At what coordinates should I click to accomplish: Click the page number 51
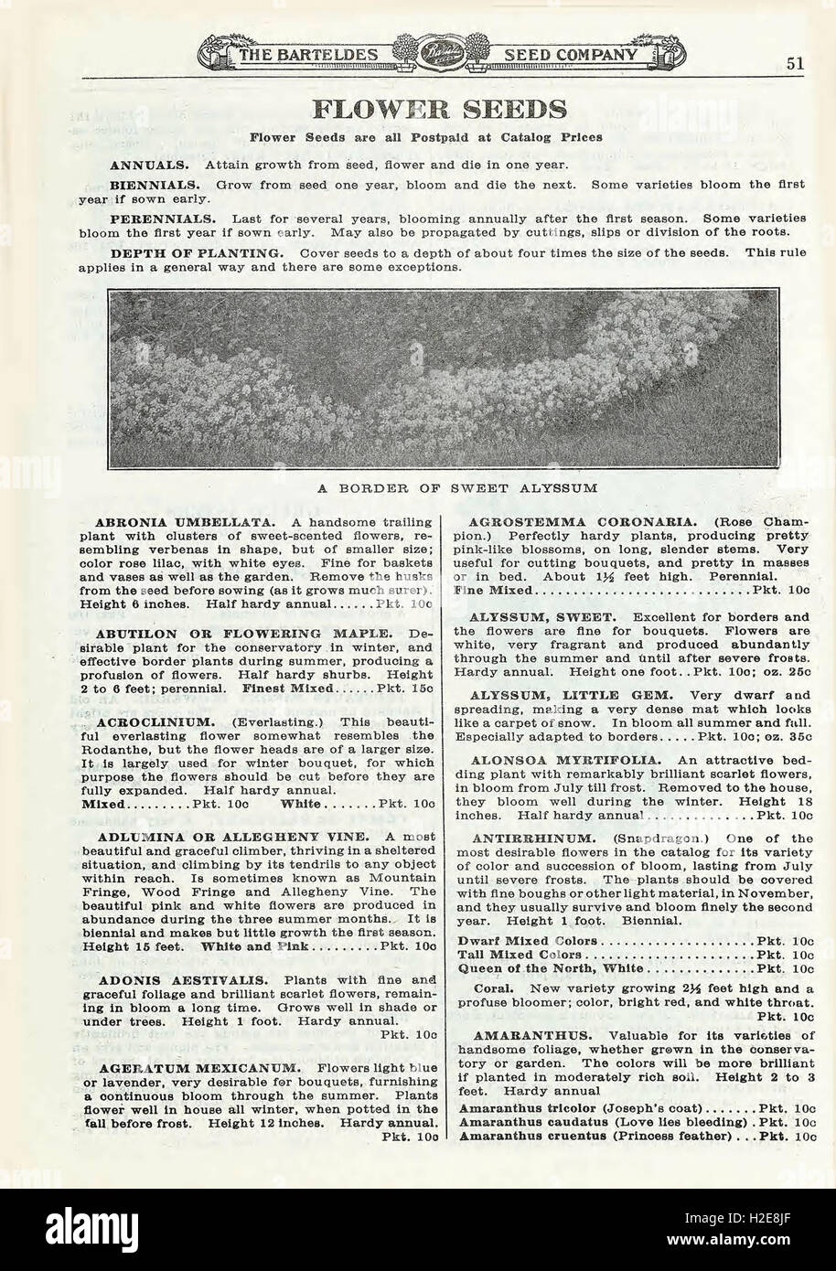point(794,63)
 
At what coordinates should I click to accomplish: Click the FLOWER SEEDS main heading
point(439,110)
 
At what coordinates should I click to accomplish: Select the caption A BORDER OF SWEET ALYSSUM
point(457,488)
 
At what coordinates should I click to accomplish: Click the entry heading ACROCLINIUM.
point(161,721)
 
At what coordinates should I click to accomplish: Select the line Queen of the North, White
point(552,967)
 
